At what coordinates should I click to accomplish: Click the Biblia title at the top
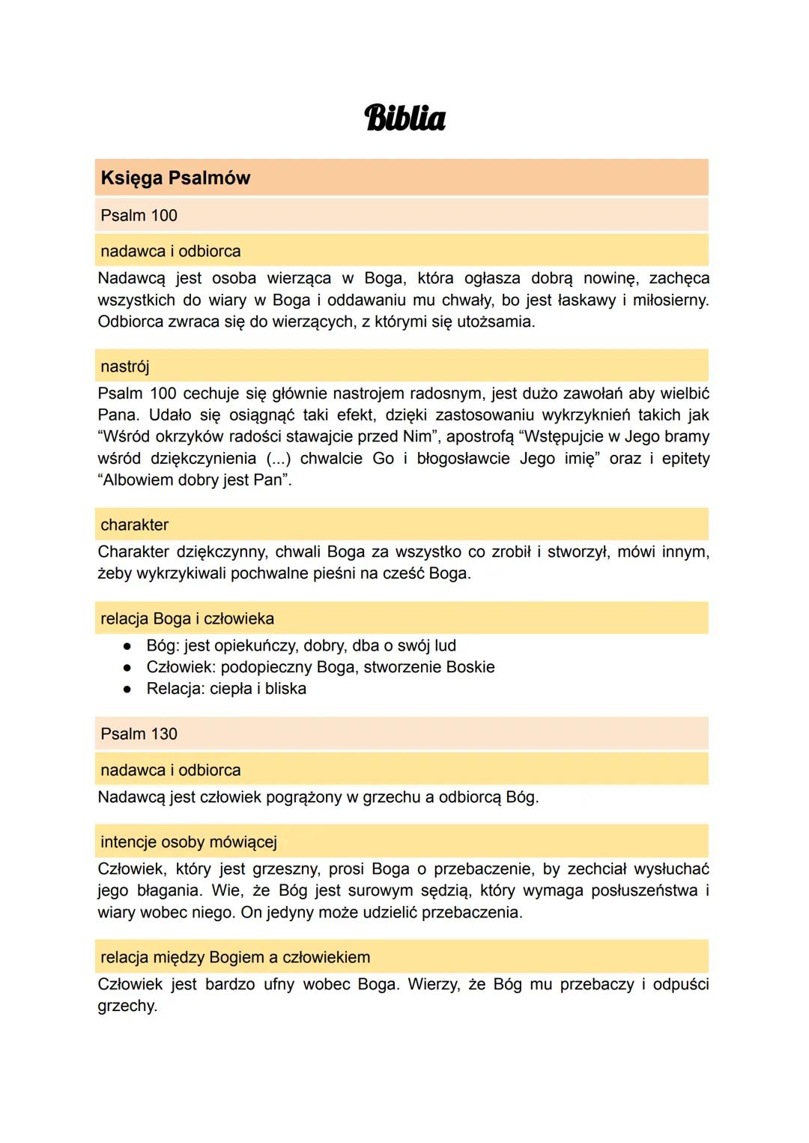[x=404, y=118]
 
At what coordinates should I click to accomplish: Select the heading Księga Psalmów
[x=175, y=178]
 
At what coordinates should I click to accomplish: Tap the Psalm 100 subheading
[x=139, y=216]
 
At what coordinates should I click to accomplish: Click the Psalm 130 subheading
[x=139, y=734]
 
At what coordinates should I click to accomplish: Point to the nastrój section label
[x=124, y=367]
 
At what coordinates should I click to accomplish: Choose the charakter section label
[x=134, y=525]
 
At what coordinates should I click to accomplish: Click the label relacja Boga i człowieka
[x=187, y=619]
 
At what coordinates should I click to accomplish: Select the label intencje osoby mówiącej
[x=189, y=842]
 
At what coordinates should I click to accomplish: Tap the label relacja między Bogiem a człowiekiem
[x=235, y=958]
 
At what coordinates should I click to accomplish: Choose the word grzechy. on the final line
[x=127, y=1007]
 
